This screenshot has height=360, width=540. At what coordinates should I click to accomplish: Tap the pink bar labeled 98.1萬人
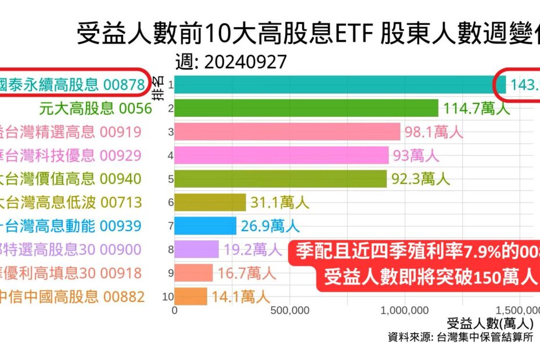click(287, 132)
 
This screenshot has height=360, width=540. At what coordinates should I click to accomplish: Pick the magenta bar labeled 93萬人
click(282, 155)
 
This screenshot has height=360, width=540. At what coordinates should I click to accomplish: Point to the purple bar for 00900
click(197, 250)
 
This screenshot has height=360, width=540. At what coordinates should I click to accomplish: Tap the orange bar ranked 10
click(191, 297)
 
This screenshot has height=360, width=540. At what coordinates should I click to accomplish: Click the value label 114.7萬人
click(476, 109)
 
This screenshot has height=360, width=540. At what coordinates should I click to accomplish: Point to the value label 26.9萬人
click(268, 226)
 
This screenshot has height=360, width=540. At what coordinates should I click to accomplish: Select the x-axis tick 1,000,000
click(405, 311)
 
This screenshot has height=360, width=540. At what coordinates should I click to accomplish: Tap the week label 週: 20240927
click(231, 62)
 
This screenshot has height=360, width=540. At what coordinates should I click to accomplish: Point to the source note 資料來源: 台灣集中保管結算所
click(459, 337)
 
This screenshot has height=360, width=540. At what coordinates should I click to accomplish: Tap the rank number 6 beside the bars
click(170, 202)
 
